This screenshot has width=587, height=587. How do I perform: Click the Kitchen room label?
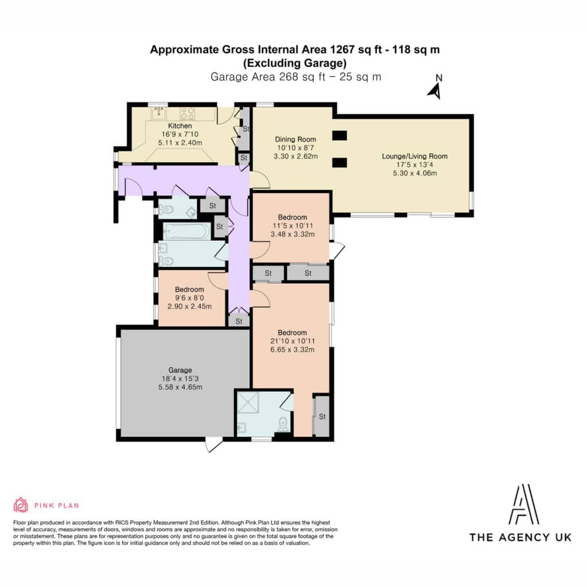[179, 126]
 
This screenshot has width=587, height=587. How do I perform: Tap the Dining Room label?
[295, 139]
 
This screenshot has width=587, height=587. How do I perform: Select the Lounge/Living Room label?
[414, 156]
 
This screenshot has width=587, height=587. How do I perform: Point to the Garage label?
[180, 370]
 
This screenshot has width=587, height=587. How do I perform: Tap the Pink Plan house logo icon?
[21, 505]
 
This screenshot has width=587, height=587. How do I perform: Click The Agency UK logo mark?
[524, 504]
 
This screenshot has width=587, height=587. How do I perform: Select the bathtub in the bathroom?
[186, 231]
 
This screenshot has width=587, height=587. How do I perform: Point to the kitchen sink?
[159, 113]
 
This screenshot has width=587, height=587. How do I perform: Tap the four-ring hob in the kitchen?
[187, 114]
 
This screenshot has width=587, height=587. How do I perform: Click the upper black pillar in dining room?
[339, 135]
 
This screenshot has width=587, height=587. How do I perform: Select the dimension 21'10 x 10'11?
[292, 341]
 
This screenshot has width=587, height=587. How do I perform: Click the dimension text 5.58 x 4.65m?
[180, 387]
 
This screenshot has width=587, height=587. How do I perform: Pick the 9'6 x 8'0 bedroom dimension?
[189, 298]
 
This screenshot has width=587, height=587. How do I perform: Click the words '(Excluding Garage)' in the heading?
[295, 63]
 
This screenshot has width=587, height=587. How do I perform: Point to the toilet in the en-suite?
[283, 424]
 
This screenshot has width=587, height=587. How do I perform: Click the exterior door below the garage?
[213, 445]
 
